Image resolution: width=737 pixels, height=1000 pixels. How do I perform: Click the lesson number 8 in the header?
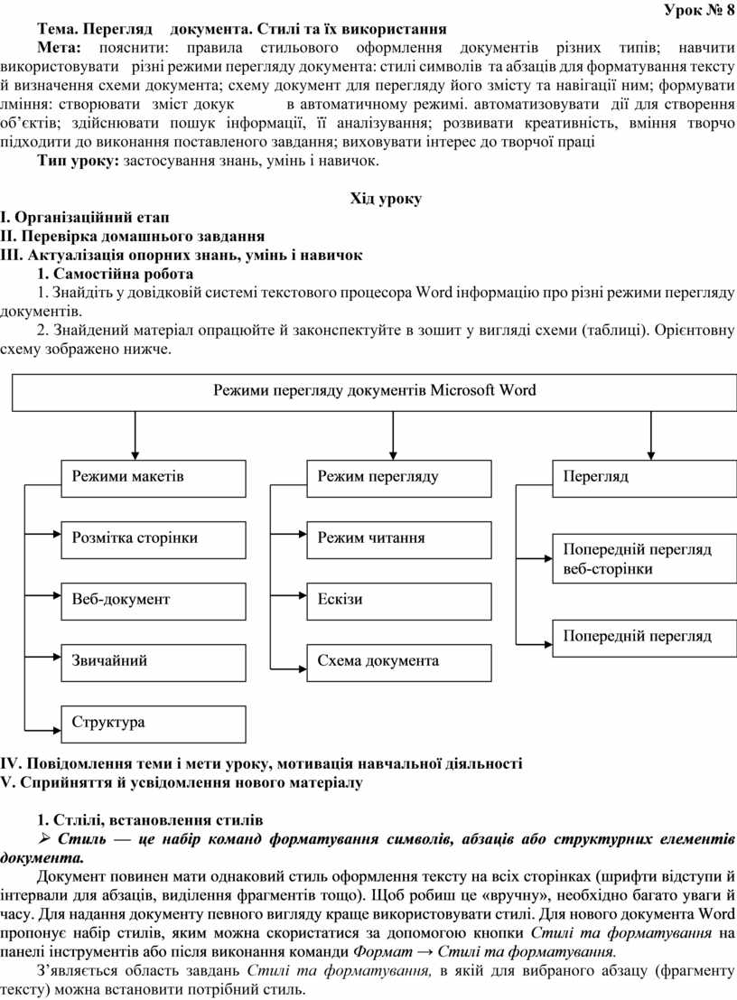tap(730, 10)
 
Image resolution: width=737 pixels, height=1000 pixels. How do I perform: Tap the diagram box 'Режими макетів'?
tap(154, 478)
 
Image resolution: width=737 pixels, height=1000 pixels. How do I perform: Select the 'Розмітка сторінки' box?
tap(154, 540)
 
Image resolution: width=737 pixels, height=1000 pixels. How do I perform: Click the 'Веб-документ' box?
tap(154, 602)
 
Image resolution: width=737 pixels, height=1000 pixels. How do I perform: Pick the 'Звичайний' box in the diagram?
tap(154, 663)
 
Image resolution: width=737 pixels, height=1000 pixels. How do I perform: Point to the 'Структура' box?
tap(154, 724)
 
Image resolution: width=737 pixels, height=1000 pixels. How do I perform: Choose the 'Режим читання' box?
tap(399, 540)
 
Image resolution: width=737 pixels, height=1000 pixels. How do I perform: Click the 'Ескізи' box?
tap(399, 602)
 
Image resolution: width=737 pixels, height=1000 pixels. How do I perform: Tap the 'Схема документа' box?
tap(399, 663)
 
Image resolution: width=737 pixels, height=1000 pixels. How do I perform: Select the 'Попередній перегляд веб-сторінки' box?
tap(645, 559)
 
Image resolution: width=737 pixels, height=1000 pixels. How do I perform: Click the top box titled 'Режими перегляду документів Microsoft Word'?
tap(374, 392)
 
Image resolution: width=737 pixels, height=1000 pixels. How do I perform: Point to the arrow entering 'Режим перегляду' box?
tap(394, 435)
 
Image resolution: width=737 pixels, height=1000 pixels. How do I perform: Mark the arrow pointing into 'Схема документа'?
tap(288, 668)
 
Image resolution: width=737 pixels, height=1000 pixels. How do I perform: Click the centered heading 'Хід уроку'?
tap(386, 199)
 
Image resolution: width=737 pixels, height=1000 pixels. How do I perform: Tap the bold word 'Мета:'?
tap(60, 48)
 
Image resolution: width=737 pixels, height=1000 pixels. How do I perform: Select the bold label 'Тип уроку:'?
tap(79, 161)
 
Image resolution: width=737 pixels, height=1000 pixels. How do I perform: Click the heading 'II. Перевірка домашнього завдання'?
tap(133, 236)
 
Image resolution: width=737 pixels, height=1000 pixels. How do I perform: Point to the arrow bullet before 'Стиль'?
tap(46, 838)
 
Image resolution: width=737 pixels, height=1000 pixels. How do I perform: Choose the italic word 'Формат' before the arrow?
tap(383, 952)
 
